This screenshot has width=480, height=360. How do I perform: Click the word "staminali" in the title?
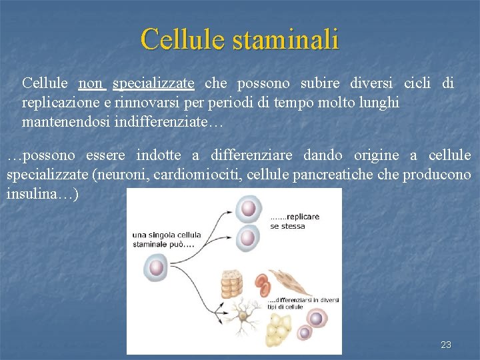click(286, 39)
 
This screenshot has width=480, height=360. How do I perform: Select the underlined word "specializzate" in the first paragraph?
click(154, 83)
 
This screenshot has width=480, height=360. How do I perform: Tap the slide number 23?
click(446, 345)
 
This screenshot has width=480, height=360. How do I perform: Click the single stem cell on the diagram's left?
click(155, 267)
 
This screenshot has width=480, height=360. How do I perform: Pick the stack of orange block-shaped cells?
click(231, 283)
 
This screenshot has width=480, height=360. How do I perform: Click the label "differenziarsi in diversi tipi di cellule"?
click(303, 303)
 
